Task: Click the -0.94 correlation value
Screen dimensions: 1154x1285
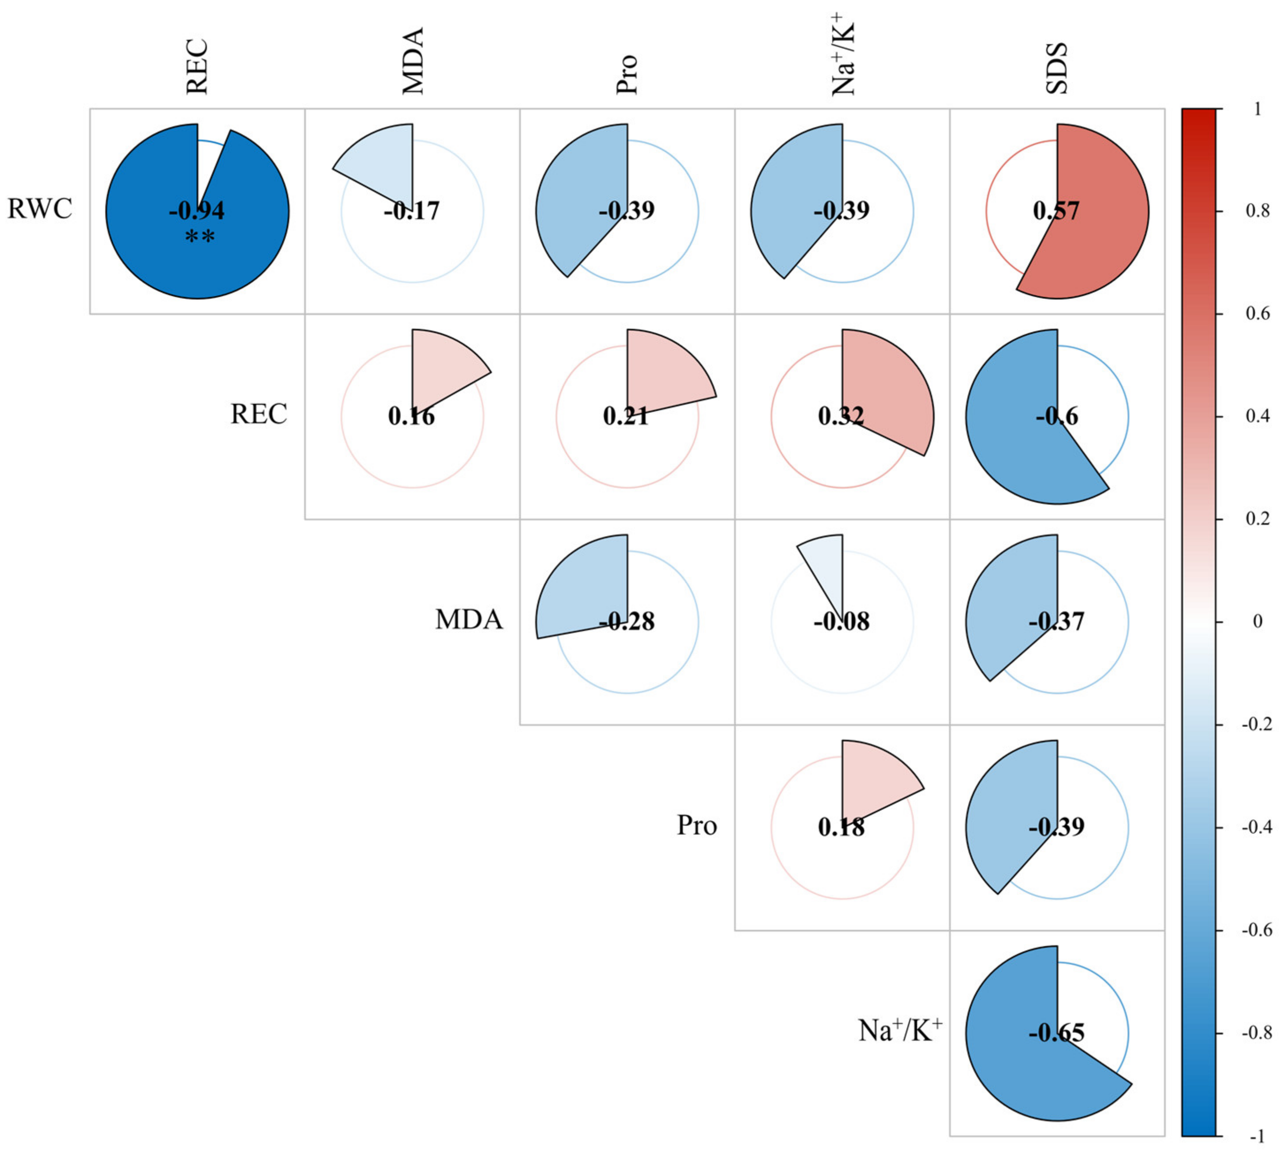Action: point(197,210)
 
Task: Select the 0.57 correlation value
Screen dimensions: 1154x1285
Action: point(1056,210)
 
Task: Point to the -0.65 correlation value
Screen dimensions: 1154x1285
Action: point(1057,1033)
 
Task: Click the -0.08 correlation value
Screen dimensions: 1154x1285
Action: point(841,621)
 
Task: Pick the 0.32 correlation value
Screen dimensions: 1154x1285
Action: point(841,416)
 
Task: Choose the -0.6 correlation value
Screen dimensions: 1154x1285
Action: point(1057,416)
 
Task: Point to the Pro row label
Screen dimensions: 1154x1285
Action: point(697,825)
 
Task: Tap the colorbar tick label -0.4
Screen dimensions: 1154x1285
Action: point(1256,827)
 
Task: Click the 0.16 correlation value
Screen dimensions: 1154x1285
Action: point(412,416)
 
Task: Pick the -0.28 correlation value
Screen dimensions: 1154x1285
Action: point(627,621)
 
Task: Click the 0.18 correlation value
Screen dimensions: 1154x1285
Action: point(841,827)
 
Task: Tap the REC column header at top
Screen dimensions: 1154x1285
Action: point(197,67)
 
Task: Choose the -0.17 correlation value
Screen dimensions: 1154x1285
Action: point(412,210)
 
